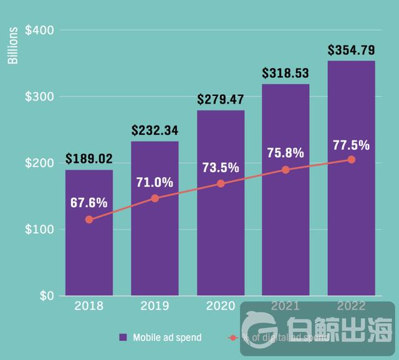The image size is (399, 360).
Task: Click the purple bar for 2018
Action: (89, 250)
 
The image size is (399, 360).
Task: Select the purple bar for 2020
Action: (221, 237)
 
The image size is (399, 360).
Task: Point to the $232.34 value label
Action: (155, 130)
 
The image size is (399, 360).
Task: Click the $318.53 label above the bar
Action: (286, 73)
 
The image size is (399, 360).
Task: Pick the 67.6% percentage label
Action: (89, 203)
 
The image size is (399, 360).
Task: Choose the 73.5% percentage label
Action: (221, 167)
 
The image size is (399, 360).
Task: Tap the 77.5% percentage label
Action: (351, 145)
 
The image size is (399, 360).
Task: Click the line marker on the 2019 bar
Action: (155, 198)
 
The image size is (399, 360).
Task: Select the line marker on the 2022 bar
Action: (352, 160)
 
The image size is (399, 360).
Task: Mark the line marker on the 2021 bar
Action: (286, 170)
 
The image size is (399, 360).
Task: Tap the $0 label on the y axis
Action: (46, 295)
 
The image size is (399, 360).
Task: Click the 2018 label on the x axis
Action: (89, 306)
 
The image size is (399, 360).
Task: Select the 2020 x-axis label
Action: (221, 306)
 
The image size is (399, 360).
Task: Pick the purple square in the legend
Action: (123, 338)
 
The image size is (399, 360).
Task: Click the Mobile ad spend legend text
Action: (167, 338)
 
